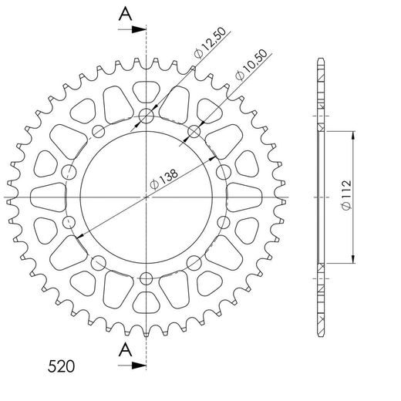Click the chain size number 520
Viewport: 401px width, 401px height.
tap(60, 364)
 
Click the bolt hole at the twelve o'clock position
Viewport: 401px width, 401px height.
tap(147, 117)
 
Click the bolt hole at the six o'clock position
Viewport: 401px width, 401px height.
tap(147, 278)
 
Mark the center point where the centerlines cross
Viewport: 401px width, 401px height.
tap(147, 197)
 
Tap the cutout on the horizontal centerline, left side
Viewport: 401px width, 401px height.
tap(47, 197)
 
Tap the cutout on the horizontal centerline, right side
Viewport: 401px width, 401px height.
tap(246, 197)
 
